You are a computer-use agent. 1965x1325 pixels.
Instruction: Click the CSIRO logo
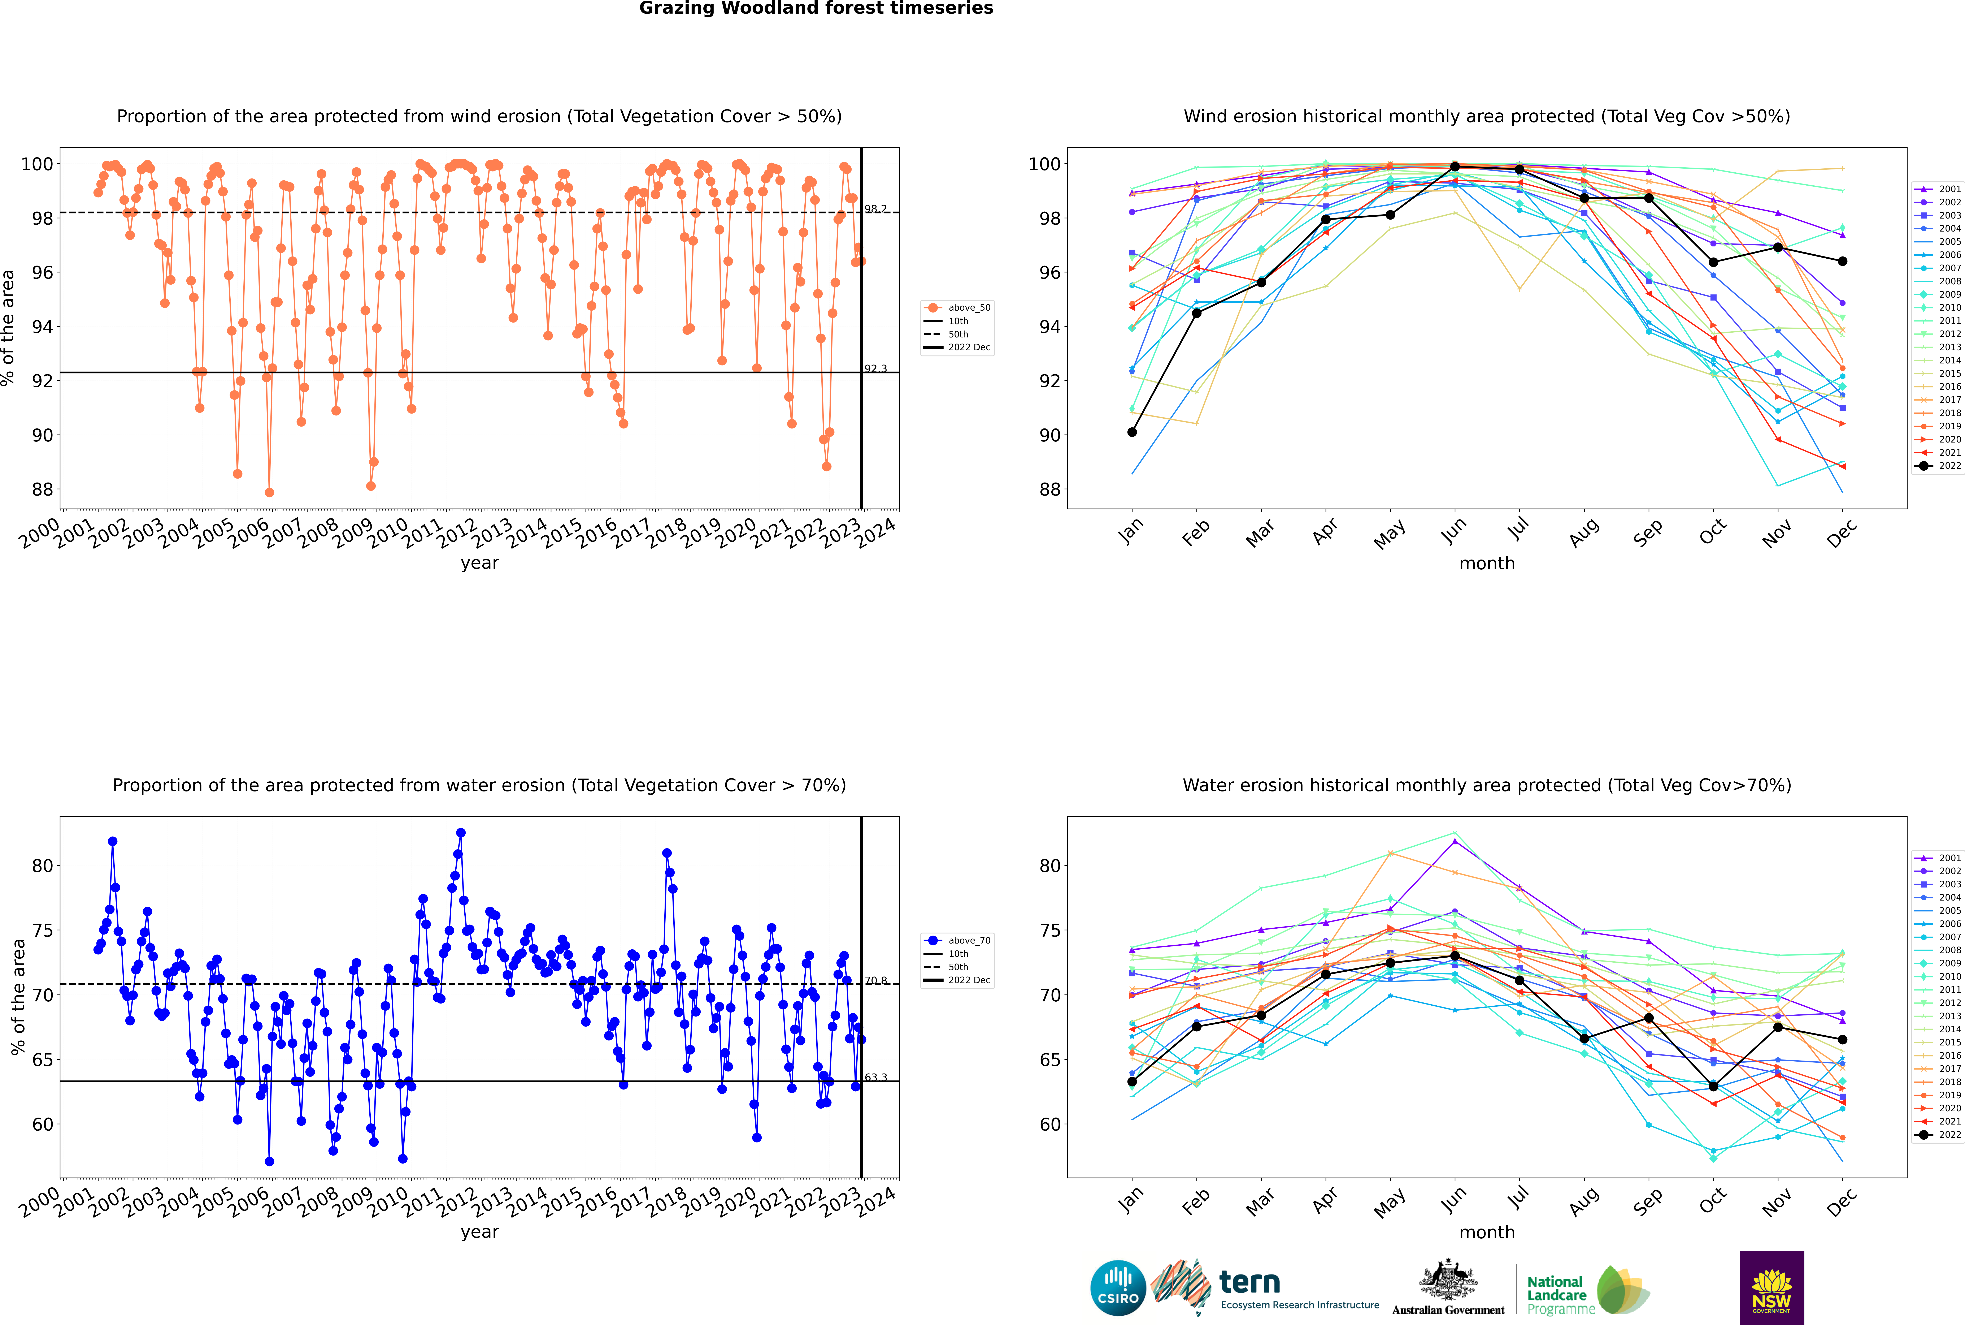tap(1118, 1288)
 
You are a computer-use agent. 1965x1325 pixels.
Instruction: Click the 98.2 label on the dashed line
tap(875, 209)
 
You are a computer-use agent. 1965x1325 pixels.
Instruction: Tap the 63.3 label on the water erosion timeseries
tap(875, 1077)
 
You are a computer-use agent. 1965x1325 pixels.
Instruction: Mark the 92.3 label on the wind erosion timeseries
tap(875, 368)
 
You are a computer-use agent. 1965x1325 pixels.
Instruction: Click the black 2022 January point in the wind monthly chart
tap(1132, 432)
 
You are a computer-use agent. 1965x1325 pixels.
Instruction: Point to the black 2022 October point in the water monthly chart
tap(1713, 1086)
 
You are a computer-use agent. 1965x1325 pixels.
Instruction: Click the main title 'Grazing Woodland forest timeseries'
tap(816, 8)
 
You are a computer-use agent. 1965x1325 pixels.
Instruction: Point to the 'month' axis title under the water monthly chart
tap(1487, 1232)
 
